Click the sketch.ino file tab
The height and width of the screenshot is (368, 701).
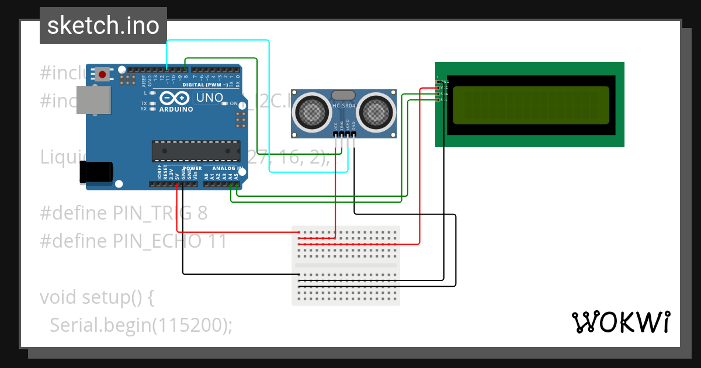103,26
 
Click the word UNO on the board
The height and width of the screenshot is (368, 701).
209,98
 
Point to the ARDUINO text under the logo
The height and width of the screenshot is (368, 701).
176,109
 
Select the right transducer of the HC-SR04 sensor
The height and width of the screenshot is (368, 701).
375,111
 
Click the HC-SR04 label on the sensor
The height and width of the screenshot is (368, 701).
343,106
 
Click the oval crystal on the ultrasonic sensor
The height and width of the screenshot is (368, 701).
343,95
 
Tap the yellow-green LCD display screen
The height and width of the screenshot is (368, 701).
530,105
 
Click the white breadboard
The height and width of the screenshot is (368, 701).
346,265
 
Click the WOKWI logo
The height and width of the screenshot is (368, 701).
620,322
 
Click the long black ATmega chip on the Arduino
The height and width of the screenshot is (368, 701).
196,151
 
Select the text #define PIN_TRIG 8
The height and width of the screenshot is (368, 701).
124,213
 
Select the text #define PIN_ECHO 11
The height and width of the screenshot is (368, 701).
133,241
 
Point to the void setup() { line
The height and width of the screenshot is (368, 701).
97,297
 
